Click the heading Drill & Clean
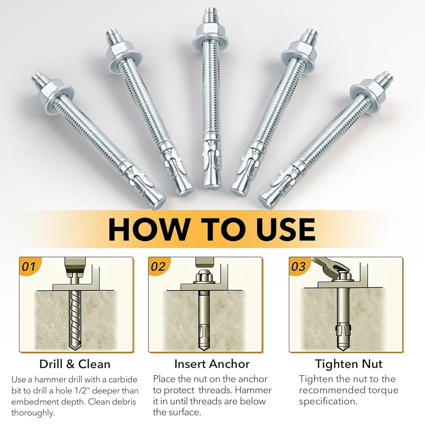tap(75, 364)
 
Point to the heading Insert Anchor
tap(212, 364)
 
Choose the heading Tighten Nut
tap(348, 364)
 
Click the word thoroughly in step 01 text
tap(33, 413)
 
